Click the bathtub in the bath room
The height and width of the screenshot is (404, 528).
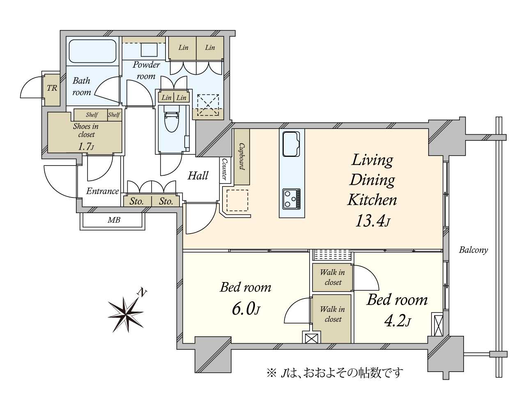point(93,51)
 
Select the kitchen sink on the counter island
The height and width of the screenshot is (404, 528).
point(291,144)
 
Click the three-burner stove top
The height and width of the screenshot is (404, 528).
point(291,199)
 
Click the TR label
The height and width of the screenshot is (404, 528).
point(52,88)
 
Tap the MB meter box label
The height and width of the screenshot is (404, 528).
point(114,220)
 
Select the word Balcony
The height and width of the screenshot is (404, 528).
point(473,250)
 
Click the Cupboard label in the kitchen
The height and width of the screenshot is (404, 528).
point(242,156)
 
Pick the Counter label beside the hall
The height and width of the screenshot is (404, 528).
point(225,169)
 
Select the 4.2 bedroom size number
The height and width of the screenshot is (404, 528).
point(397,321)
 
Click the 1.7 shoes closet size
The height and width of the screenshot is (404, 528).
point(86,146)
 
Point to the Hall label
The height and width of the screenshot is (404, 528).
point(198,176)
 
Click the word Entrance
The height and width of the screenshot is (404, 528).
point(103,191)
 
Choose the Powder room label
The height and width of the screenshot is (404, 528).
point(146,70)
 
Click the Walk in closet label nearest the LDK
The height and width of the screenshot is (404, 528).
point(333,277)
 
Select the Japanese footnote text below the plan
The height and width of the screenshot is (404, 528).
point(335,373)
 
